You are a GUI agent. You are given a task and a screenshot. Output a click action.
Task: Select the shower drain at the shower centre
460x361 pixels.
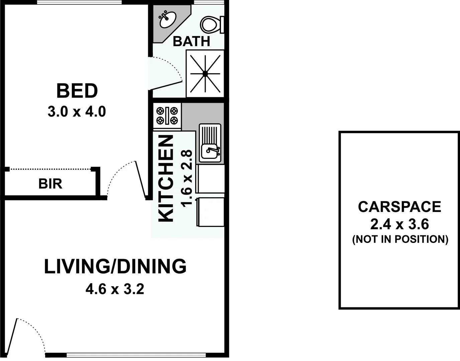pos(205,74)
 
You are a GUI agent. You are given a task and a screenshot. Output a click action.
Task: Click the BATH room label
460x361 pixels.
pos(191,41)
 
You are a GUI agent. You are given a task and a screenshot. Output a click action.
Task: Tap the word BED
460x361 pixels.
pos(77,91)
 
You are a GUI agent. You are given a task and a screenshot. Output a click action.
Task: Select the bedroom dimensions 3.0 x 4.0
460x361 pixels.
pos(77,112)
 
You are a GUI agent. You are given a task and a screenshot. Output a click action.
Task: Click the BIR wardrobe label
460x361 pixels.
pos(50,184)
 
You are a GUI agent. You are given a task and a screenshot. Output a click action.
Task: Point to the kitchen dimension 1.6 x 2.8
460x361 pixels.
pos(187,178)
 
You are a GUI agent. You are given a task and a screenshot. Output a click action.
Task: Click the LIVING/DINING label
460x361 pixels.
pos(115,266)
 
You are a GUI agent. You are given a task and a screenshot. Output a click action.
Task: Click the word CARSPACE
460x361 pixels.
pos(399,207)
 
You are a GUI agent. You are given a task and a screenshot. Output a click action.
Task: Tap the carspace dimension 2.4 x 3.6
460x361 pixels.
pos(399,224)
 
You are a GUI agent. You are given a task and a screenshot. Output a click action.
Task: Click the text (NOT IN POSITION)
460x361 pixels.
pos(400,239)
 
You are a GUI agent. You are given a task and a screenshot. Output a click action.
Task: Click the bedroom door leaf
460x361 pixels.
pos(141,180)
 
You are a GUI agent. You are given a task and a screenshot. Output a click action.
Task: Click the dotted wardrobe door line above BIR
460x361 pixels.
pos(50,169)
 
